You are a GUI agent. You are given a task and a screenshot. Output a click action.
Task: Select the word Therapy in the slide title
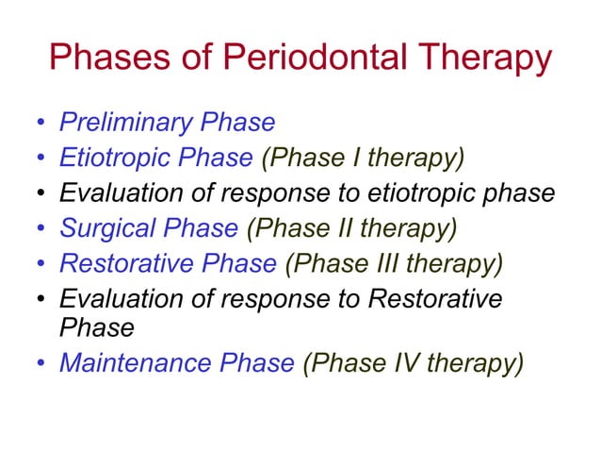[479, 59]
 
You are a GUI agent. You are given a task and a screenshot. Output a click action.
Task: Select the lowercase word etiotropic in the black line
[436, 193]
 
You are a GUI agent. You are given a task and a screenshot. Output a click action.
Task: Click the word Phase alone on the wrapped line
[96, 327]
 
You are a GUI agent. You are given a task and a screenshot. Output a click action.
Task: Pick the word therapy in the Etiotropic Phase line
[416, 158]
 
